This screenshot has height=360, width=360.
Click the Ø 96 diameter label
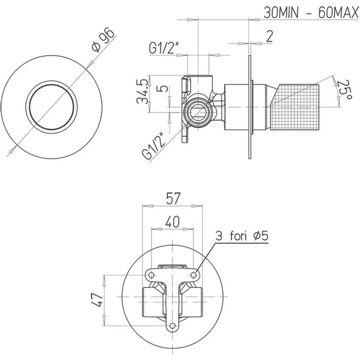point(103,40)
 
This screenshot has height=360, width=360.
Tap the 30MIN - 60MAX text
point(311,13)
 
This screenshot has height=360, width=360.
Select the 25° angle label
point(344,90)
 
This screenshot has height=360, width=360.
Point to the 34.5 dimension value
point(142,91)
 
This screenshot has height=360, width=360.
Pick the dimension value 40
point(172,222)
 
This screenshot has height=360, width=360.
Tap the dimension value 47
point(97,299)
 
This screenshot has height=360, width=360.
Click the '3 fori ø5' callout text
point(242,236)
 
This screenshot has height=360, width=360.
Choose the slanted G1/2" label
point(153,147)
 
